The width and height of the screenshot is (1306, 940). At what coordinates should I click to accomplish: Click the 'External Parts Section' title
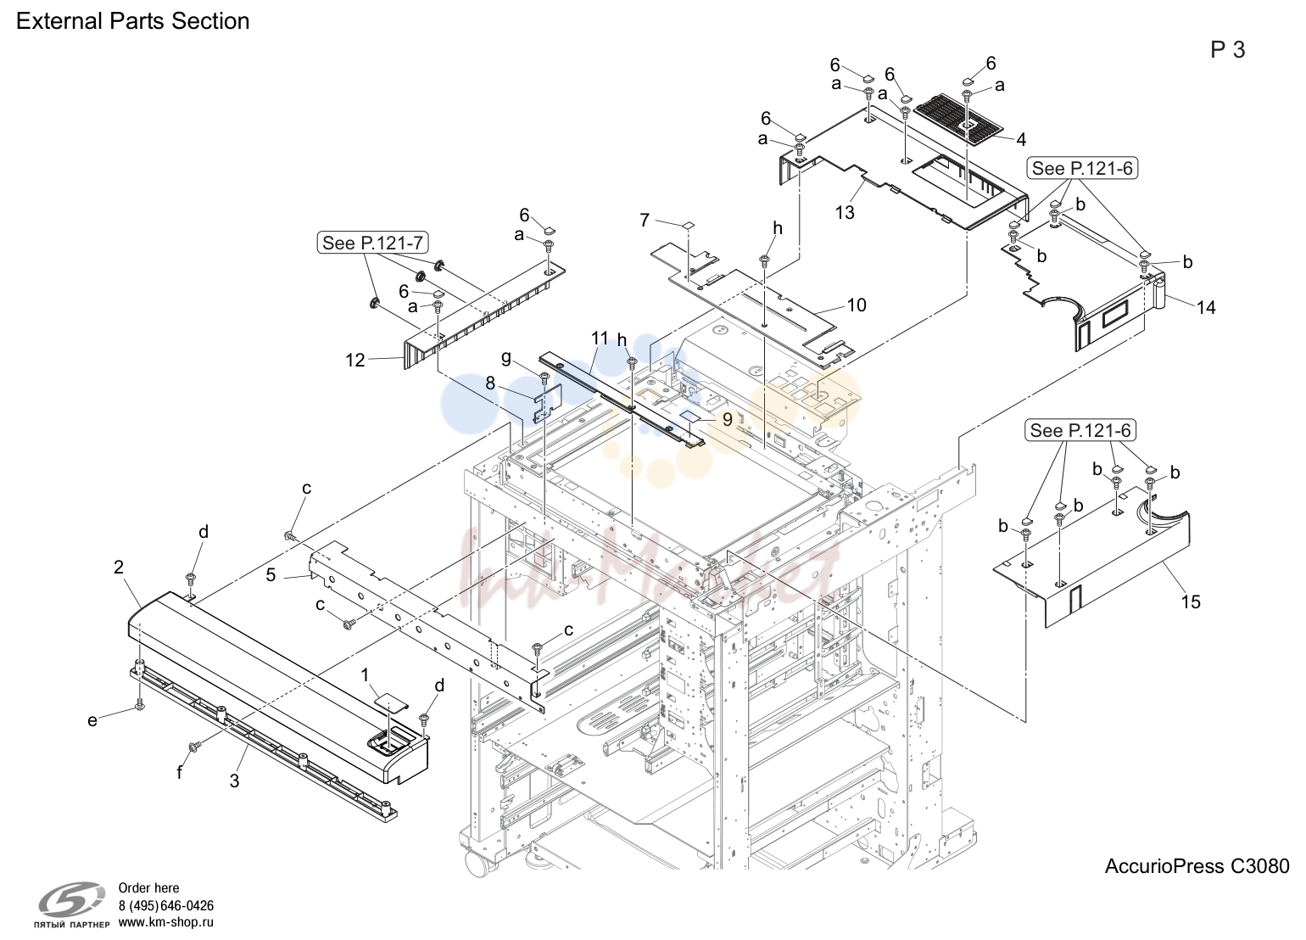(x=133, y=21)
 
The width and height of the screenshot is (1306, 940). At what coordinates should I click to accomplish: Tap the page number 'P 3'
(x=1227, y=50)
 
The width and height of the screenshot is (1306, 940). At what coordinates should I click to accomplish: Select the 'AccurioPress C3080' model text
(x=1197, y=866)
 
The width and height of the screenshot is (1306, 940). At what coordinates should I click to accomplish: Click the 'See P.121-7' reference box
(x=372, y=243)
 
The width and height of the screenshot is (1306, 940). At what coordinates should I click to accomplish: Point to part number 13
(x=845, y=213)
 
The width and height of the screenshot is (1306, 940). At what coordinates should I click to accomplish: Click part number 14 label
(x=1206, y=307)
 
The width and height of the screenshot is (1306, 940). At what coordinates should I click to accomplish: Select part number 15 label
(x=1191, y=601)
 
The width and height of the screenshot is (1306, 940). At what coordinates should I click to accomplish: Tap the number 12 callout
(x=355, y=360)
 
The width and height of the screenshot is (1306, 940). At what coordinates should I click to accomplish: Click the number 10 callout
(x=857, y=305)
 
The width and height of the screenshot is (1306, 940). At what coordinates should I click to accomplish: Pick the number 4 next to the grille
(x=1020, y=139)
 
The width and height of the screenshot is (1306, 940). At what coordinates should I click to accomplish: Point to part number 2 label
(x=119, y=567)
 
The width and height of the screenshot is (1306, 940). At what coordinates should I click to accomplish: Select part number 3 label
(x=234, y=781)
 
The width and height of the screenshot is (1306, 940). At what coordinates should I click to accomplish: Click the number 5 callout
(x=271, y=575)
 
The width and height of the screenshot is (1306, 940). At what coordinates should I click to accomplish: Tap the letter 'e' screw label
(x=92, y=721)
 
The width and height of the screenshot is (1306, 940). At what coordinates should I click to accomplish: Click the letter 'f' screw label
(x=180, y=773)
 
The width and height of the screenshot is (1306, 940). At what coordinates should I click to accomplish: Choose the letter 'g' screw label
(x=506, y=358)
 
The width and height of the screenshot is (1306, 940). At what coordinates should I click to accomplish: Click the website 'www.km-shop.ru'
(x=166, y=922)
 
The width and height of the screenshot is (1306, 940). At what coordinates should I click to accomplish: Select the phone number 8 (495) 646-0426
(x=166, y=905)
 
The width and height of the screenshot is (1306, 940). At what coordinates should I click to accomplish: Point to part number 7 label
(x=645, y=220)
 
